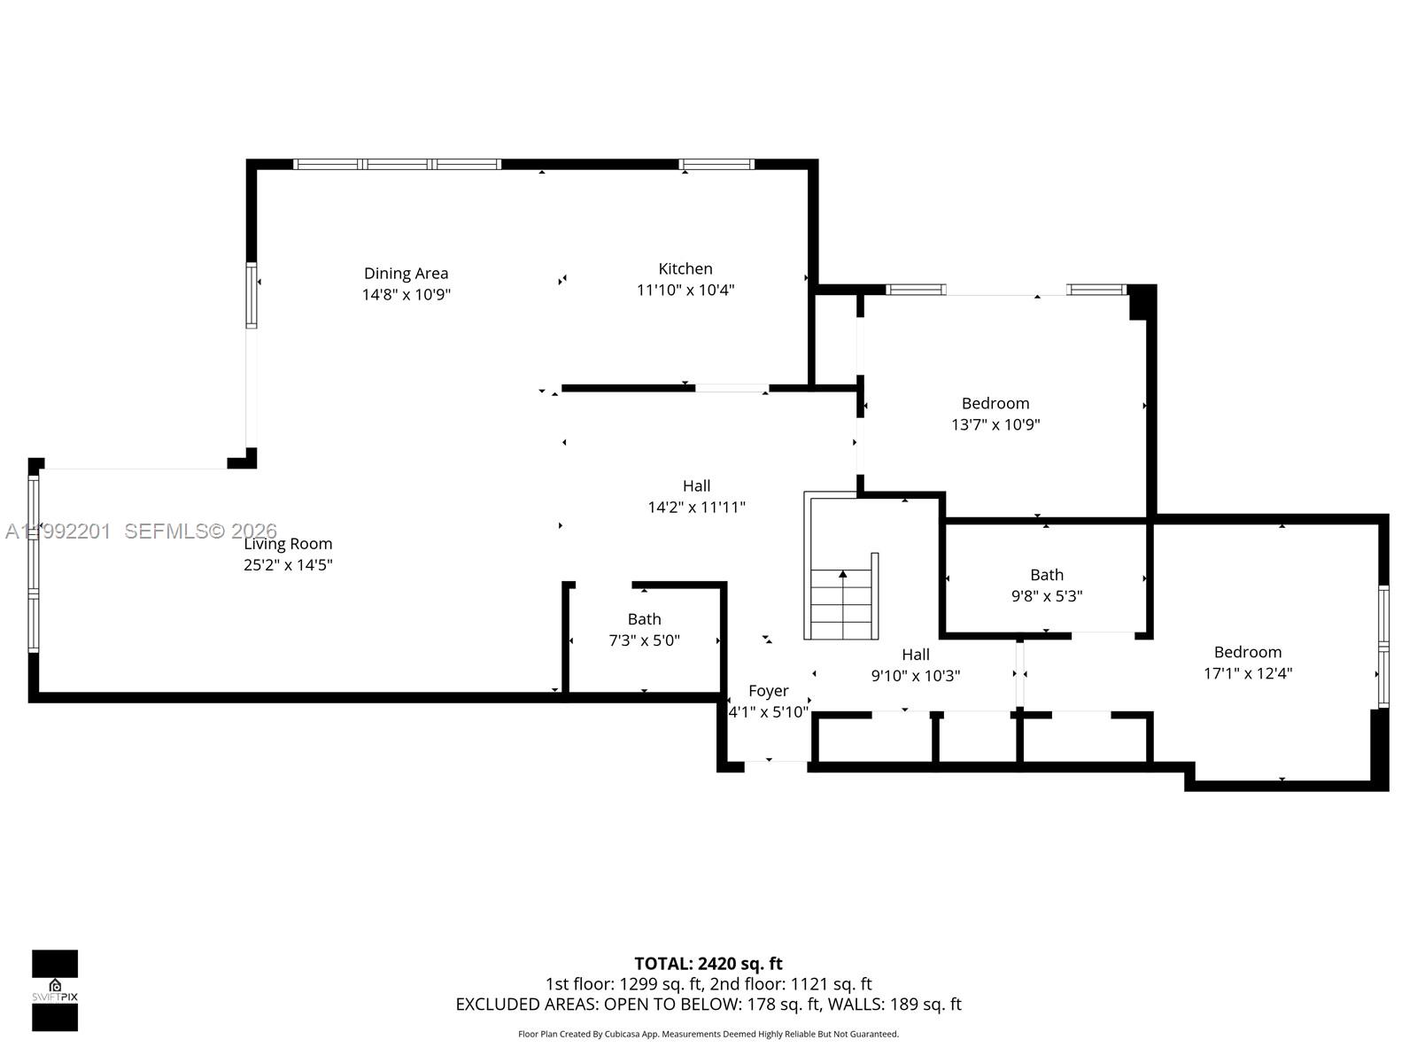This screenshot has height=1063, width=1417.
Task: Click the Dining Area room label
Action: (406, 273)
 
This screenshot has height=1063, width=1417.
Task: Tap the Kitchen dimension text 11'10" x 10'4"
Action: (685, 290)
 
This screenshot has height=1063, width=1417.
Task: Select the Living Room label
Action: (289, 543)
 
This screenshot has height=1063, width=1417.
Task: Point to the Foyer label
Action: (768, 691)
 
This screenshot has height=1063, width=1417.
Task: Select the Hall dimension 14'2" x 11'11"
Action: (696, 507)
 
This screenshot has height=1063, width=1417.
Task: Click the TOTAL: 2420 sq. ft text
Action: (708, 963)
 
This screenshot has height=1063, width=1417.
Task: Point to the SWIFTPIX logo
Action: (55, 990)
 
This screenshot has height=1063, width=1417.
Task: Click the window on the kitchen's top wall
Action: (716, 164)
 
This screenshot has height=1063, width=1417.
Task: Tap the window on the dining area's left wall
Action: (252, 295)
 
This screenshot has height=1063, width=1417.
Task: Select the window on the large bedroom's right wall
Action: (1383, 646)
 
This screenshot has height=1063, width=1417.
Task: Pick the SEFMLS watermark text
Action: (200, 531)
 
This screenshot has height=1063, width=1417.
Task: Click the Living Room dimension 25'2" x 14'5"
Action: (288, 564)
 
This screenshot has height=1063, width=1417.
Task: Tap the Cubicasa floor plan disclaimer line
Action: (708, 1034)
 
